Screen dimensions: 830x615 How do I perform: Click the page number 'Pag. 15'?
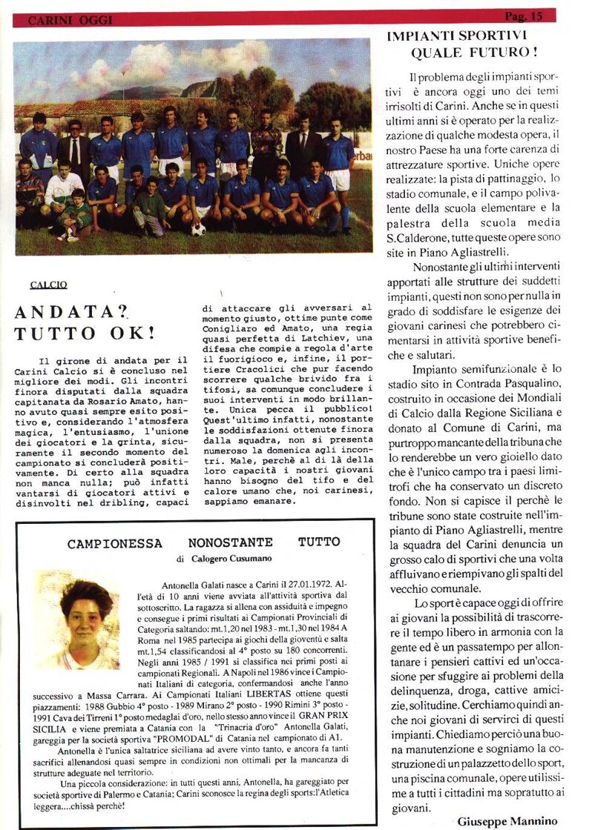coord(524,16)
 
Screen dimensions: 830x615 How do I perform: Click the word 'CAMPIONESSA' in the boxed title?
coord(114,543)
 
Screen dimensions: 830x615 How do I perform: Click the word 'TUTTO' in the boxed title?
coord(320,542)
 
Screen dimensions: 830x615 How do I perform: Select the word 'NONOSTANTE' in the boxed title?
coord(230,543)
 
